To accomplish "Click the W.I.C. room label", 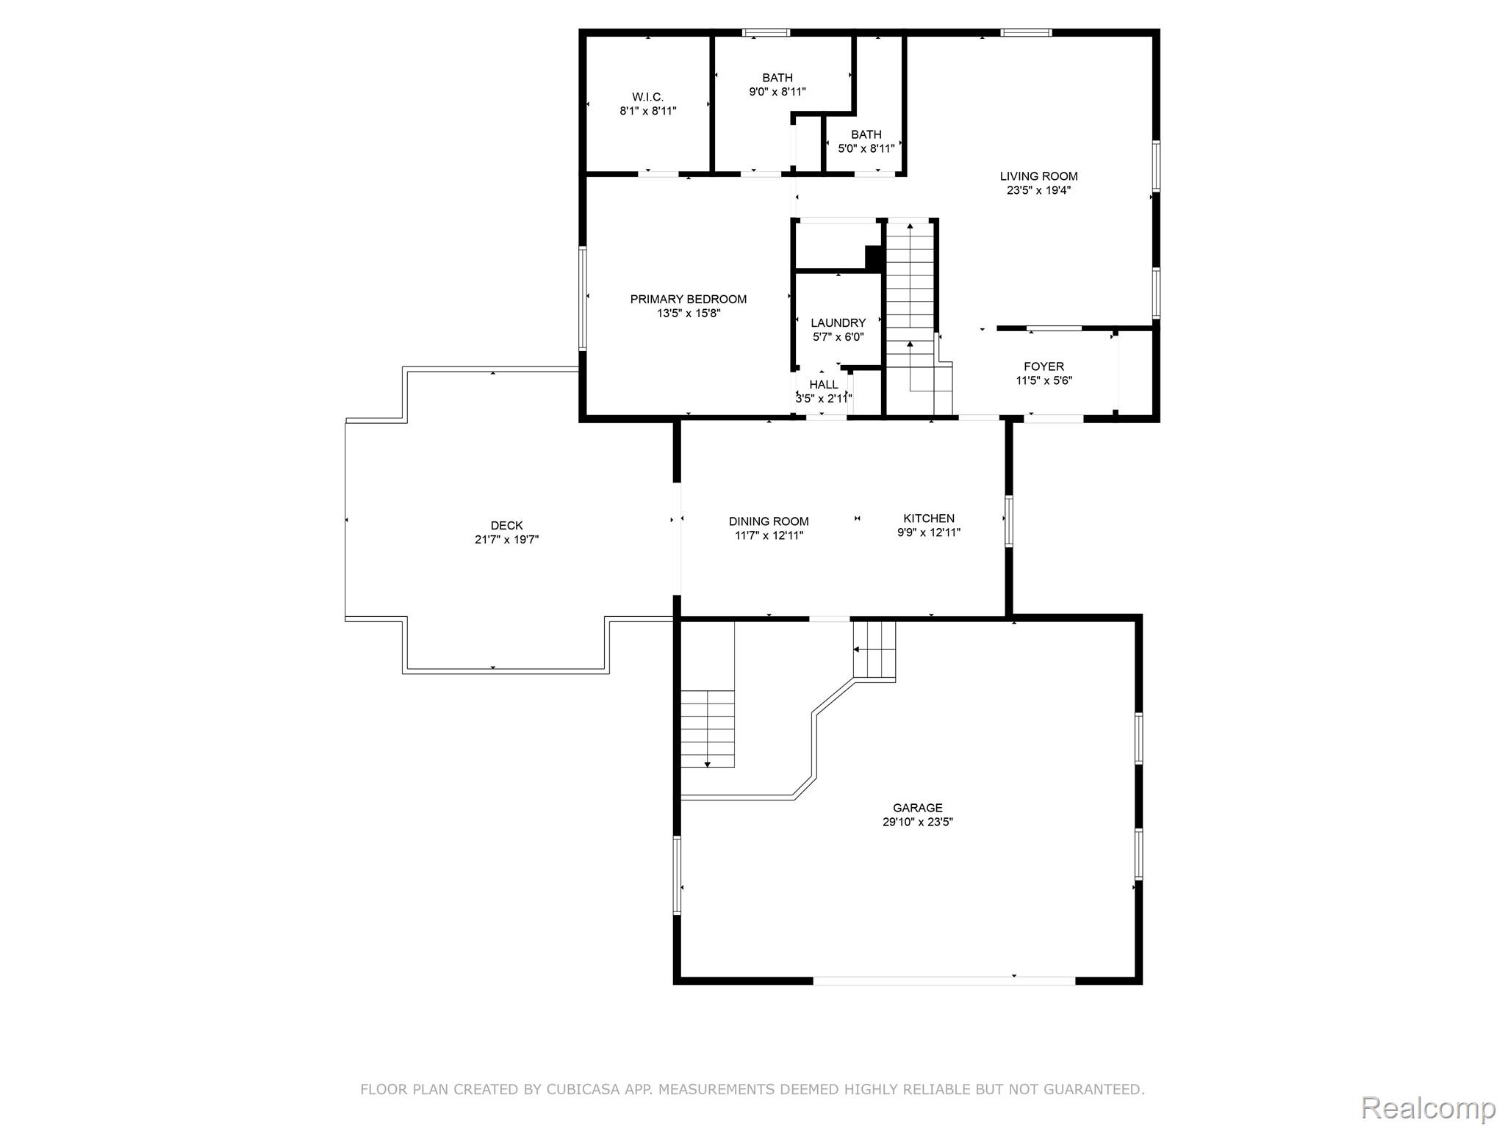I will pyautogui.click(x=647, y=97).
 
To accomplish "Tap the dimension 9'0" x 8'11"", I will pyautogui.click(x=777, y=92).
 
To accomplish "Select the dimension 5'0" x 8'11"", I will pyautogui.click(x=866, y=148).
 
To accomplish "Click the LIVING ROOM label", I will pyautogui.click(x=1038, y=176).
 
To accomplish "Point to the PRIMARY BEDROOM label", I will pyautogui.click(x=688, y=299).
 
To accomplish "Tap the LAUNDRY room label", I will pyautogui.click(x=838, y=322).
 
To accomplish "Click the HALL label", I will pyautogui.click(x=824, y=385).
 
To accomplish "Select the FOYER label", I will pyautogui.click(x=1044, y=366).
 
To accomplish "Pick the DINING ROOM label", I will pyautogui.click(x=769, y=521).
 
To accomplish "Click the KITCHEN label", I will pyautogui.click(x=929, y=518).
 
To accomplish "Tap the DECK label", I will pyautogui.click(x=506, y=525).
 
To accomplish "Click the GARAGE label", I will pyautogui.click(x=918, y=808).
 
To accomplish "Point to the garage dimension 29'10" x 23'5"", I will pyautogui.click(x=918, y=822).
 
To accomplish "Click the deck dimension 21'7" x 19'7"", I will pyautogui.click(x=506, y=540).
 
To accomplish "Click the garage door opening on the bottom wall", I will pyautogui.click(x=944, y=980).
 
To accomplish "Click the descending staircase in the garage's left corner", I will pyautogui.click(x=707, y=728).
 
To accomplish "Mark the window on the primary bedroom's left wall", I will pyautogui.click(x=583, y=297).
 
